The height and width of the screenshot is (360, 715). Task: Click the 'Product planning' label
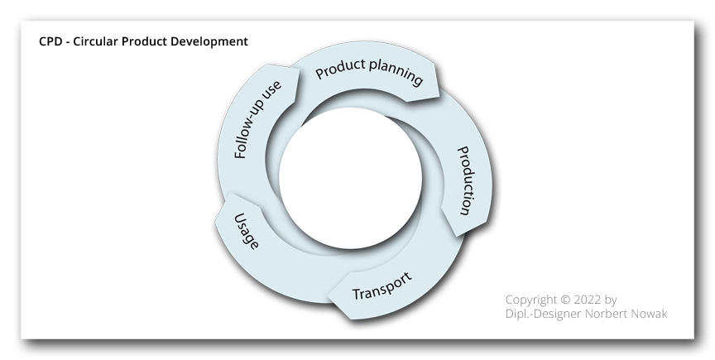(369, 72)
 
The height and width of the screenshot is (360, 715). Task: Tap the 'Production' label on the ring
(464, 180)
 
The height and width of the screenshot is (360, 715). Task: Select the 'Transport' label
(382, 286)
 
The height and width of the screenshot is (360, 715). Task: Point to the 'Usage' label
(247, 232)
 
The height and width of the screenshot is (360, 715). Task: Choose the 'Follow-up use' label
(257, 119)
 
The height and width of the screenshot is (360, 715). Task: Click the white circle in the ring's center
(350, 178)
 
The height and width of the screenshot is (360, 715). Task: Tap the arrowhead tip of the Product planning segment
(439, 97)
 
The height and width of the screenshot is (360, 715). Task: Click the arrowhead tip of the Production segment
(456, 236)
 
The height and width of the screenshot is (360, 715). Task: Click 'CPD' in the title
(48, 41)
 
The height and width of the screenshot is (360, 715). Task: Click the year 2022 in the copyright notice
(588, 300)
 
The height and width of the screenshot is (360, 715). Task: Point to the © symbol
(565, 300)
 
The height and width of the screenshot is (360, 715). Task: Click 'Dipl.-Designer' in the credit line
(543, 314)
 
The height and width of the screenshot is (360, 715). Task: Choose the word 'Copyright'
(531, 300)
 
